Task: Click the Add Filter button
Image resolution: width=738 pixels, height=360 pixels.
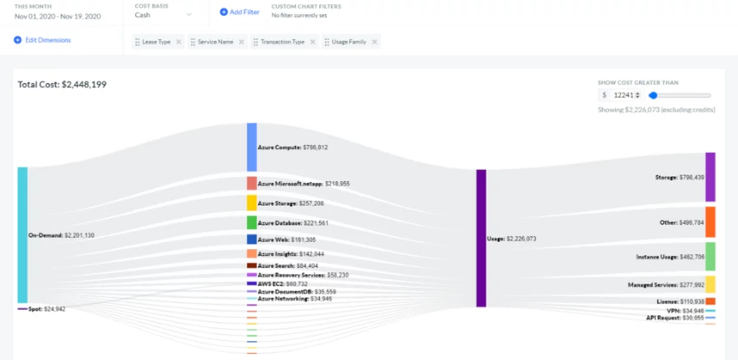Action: [x=239, y=12]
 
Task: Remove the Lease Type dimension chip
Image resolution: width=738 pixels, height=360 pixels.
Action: [x=179, y=42]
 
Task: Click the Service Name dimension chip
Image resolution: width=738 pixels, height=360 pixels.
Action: [x=212, y=42]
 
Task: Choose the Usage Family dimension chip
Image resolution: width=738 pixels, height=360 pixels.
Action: [x=351, y=42]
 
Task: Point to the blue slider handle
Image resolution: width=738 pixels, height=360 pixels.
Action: [x=653, y=95]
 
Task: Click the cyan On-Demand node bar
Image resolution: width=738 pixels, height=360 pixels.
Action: [x=23, y=234]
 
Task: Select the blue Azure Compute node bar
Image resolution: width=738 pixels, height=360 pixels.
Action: [x=251, y=147]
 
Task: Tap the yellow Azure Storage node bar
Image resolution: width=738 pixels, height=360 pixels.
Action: [x=251, y=202]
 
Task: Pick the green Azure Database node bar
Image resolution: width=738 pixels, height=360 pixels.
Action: [x=251, y=222]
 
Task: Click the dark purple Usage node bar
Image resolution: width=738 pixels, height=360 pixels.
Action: [x=480, y=238]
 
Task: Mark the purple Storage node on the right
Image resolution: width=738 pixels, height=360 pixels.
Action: [x=709, y=176]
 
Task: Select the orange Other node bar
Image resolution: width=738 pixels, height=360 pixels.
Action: [x=709, y=221]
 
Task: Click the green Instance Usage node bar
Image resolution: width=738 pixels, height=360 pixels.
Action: [x=709, y=256]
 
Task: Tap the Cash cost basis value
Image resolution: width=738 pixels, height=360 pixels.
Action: [x=143, y=15]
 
